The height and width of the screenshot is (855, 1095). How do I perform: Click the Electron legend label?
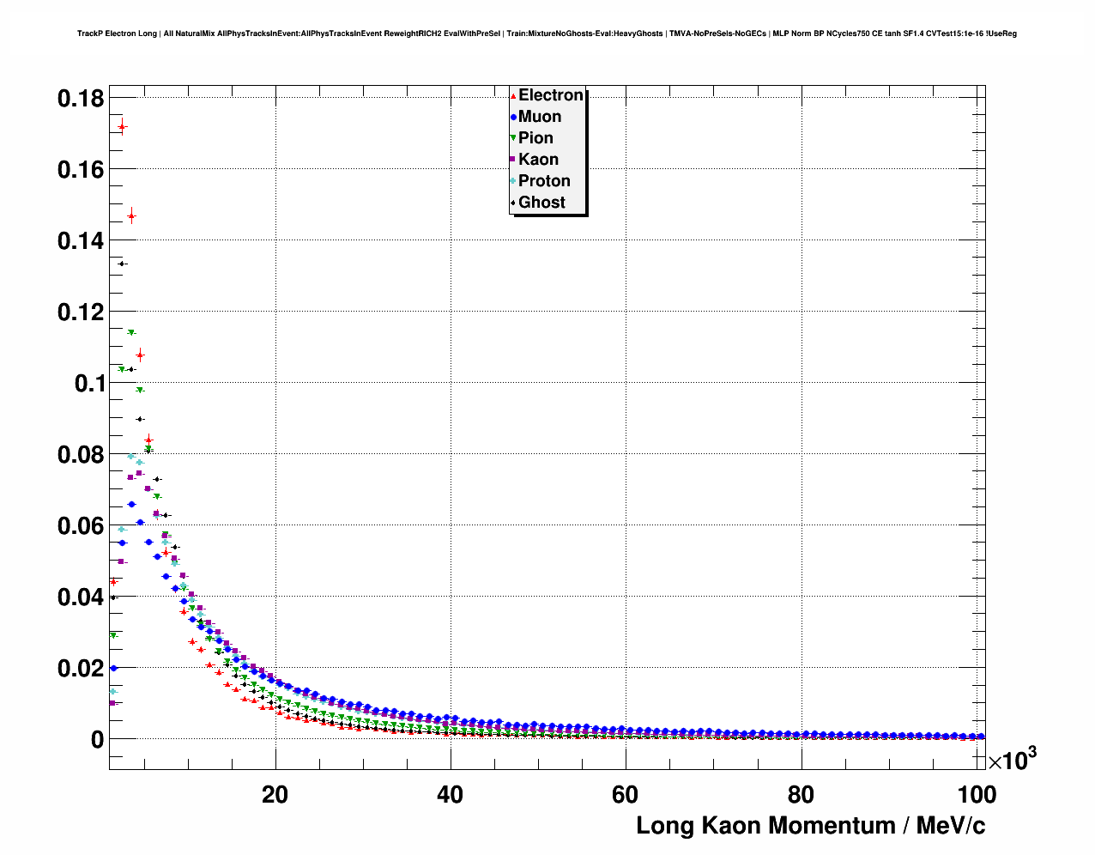pos(550,95)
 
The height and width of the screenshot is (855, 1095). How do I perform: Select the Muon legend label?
pos(539,117)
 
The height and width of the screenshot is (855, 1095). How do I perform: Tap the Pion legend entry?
pos(535,138)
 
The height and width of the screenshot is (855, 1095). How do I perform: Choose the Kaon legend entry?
pos(538,160)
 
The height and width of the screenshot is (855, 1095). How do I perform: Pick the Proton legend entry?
pos(544,181)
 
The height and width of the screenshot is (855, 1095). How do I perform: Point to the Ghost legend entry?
pos(541,203)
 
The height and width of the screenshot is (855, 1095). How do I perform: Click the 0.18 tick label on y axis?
pos(81,99)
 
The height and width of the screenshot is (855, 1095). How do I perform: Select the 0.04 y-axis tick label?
pos(81,597)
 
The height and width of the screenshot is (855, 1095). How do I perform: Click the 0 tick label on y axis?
pos(97,739)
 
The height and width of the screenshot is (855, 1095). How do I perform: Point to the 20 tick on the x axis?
pos(275,795)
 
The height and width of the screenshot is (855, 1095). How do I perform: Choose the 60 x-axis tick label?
pos(625,795)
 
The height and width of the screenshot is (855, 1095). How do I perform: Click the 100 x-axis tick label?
pos(976,795)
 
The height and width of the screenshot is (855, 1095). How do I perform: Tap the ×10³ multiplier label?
pos(1012,760)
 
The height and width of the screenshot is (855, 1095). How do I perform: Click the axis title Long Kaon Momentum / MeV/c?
pos(810,826)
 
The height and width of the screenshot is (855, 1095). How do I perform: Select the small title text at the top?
pos(547,33)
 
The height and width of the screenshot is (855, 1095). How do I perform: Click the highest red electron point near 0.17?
pos(122,127)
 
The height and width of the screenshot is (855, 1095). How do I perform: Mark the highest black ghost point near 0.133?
pos(122,264)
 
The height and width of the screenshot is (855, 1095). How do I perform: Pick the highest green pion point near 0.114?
pos(131,332)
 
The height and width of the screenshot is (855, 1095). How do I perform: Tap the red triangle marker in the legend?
pos(512,96)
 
